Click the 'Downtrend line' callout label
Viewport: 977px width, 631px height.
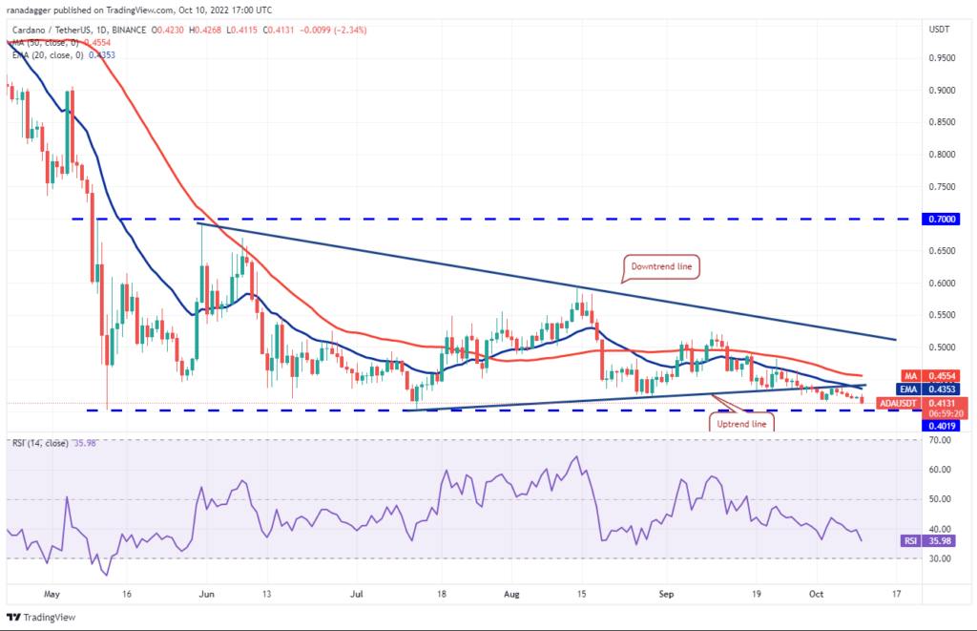(x=661, y=266)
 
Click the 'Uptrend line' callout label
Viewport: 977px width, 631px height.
(x=741, y=423)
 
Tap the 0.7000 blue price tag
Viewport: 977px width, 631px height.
(x=942, y=219)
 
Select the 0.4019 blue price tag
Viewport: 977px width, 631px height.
(x=942, y=426)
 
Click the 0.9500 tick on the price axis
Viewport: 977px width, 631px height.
(x=942, y=58)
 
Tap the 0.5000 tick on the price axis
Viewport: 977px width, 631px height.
(x=942, y=347)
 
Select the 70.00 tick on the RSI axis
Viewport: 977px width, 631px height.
(x=940, y=440)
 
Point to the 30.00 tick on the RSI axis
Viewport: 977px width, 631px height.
(x=940, y=558)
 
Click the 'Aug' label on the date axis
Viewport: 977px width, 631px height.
(x=511, y=594)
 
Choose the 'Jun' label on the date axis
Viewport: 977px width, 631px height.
(x=206, y=594)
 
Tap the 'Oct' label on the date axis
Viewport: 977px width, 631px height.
(x=817, y=594)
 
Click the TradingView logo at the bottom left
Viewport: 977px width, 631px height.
(x=41, y=618)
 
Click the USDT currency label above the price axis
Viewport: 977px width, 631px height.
(x=939, y=30)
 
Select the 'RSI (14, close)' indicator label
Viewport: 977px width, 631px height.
(x=40, y=443)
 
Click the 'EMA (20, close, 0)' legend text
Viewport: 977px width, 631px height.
(x=48, y=54)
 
